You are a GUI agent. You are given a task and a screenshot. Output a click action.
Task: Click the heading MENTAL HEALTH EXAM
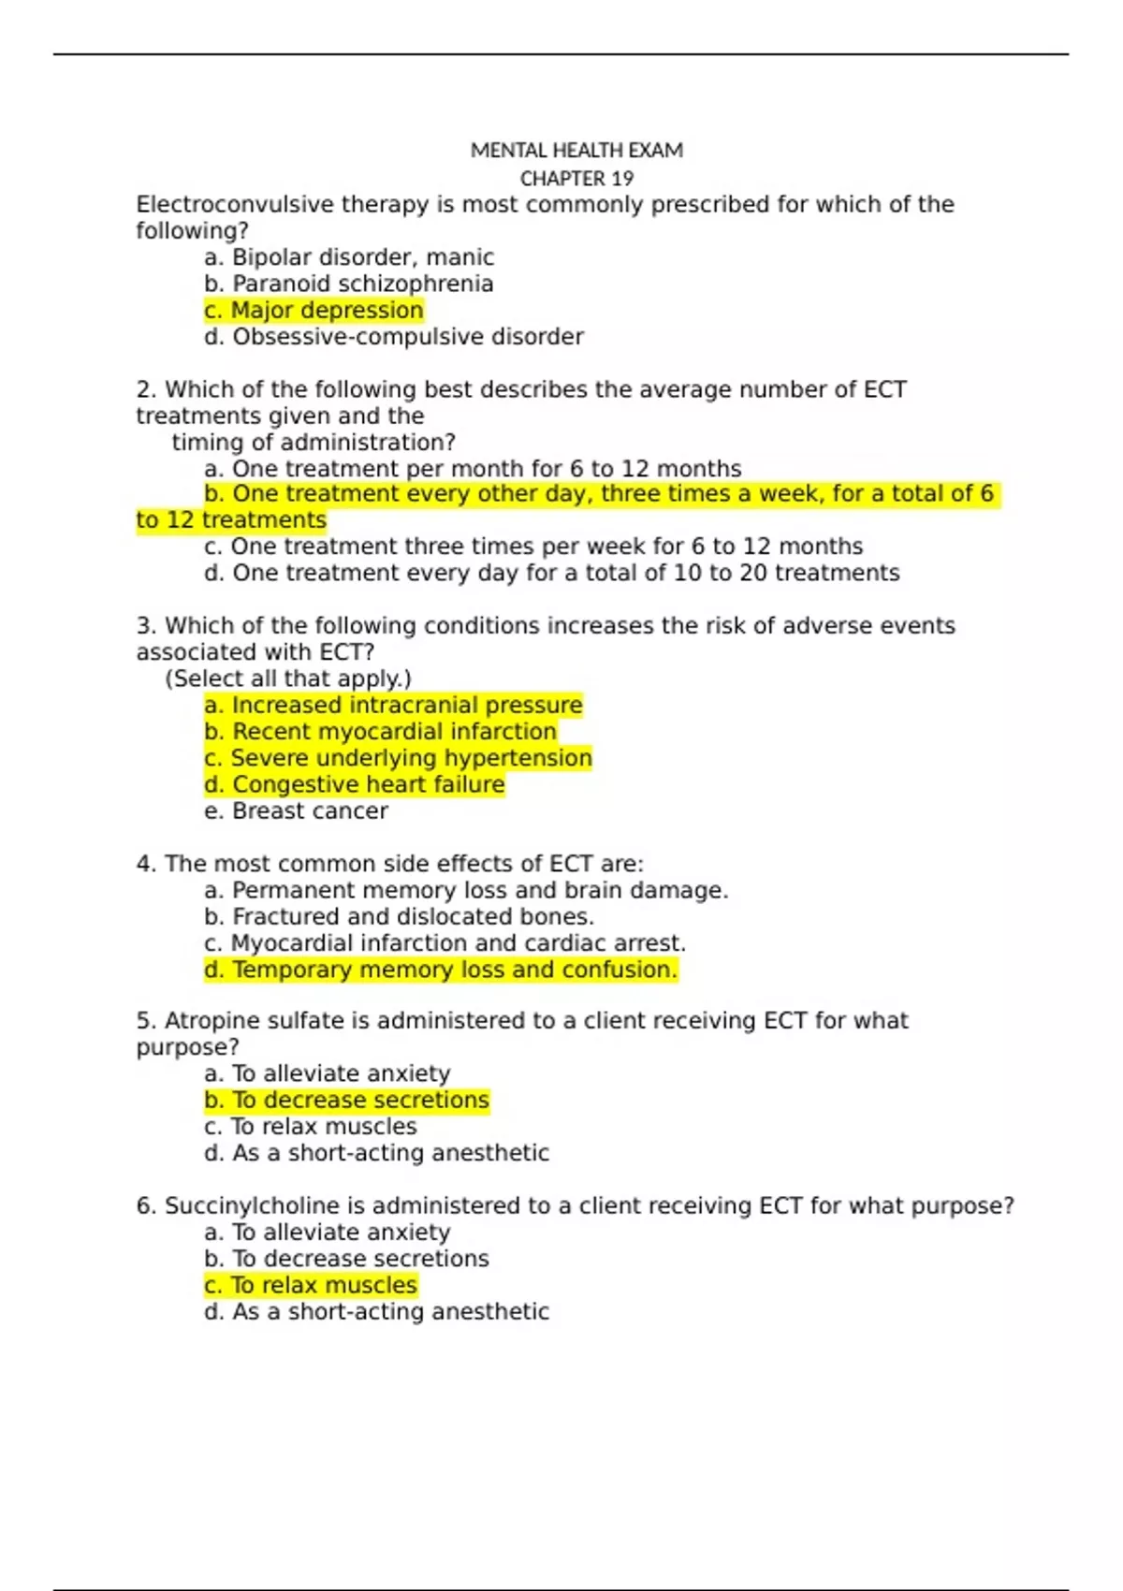click(x=576, y=150)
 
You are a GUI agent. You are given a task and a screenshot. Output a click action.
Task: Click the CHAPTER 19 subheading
click(x=576, y=178)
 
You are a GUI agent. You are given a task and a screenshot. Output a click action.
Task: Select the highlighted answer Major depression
click(x=314, y=310)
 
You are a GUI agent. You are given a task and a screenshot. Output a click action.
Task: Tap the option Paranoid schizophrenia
click(x=348, y=284)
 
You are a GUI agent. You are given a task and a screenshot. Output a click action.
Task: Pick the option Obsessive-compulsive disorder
click(x=393, y=336)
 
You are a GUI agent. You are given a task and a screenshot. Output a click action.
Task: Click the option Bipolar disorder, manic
click(x=348, y=257)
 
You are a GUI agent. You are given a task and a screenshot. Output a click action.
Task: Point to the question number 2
click(x=145, y=389)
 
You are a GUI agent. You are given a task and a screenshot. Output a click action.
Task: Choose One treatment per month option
click(x=473, y=468)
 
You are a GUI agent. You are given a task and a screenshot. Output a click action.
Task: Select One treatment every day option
click(x=552, y=573)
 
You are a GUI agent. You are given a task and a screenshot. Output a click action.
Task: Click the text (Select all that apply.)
click(x=288, y=679)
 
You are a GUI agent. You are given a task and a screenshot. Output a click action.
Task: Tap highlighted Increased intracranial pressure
click(x=393, y=705)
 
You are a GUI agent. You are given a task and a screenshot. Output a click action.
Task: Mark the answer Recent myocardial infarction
click(x=380, y=731)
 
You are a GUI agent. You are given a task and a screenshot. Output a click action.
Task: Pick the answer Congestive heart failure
click(x=354, y=784)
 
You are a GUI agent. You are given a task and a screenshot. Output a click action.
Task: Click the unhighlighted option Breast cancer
click(x=296, y=810)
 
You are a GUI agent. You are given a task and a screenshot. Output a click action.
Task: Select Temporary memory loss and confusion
click(x=440, y=970)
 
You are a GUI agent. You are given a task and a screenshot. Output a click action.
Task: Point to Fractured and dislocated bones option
click(x=399, y=916)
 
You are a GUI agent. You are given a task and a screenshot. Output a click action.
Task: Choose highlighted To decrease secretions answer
click(x=346, y=1100)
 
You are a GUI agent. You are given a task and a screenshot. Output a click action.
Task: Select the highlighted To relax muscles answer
click(x=311, y=1285)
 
